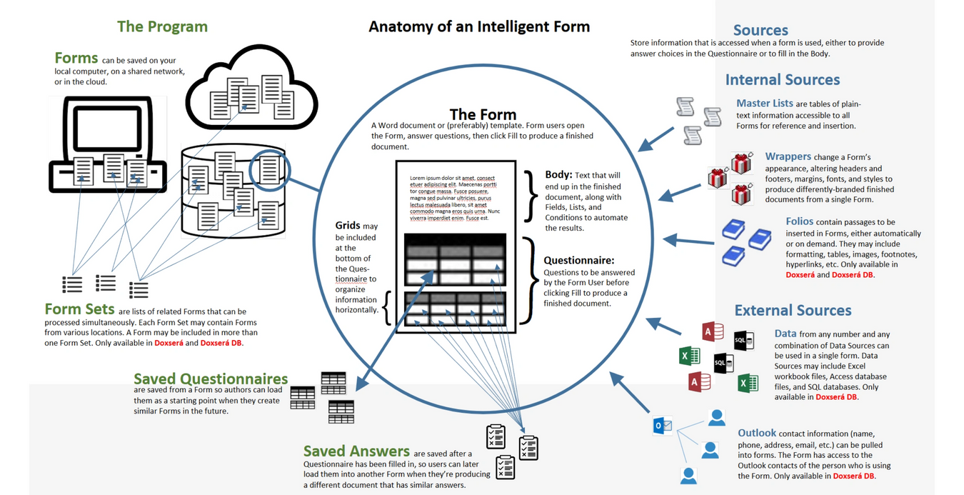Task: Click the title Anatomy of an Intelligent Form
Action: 478,27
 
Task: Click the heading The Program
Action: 162,26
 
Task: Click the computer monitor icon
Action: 107,143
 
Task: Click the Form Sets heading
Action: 79,309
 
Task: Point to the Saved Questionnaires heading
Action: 211,379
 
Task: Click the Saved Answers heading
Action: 356,451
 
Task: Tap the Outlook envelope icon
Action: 662,426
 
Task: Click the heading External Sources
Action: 793,310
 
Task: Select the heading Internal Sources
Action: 782,79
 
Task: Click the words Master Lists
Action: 764,104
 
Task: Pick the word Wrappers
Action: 788,156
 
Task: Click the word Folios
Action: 799,221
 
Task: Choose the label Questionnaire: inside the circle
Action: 578,261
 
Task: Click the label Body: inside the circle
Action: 559,174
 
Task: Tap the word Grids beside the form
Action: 348,226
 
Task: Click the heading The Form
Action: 483,114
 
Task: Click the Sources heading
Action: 760,30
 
